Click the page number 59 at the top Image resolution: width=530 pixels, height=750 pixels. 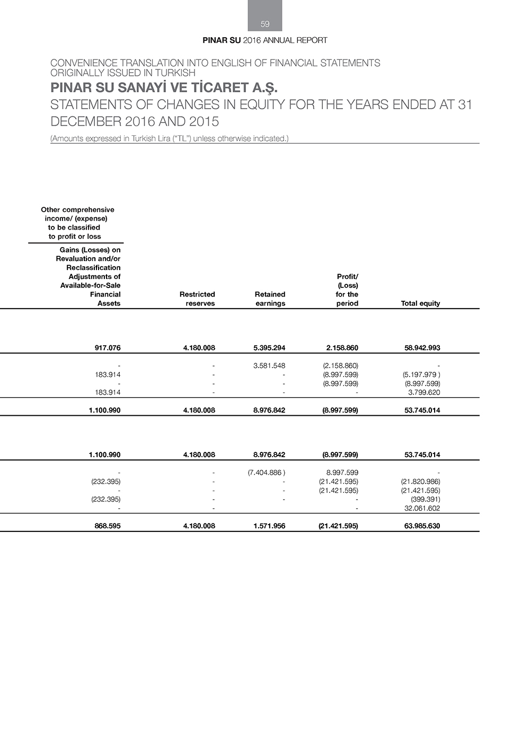(265, 24)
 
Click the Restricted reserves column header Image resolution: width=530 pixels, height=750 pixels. (197, 299)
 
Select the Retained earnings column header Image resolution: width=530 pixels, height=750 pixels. (270, 299)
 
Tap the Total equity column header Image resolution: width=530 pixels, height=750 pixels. (420, 303)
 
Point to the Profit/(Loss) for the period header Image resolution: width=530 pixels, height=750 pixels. (347, 290)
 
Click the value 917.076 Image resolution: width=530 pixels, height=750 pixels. (108, 348)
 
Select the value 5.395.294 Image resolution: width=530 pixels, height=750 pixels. (269, 348)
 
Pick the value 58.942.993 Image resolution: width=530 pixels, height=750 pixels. (422, 348)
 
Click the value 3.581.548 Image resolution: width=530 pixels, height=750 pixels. (269, 365)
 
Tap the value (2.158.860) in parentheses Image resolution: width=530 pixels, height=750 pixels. (340, 365)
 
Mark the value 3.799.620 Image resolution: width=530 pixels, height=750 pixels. (424, 393)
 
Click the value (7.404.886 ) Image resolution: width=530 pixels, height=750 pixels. (267, 473)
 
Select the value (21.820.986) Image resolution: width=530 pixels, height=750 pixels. (421, 482)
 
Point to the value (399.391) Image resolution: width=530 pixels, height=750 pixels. (426, 499)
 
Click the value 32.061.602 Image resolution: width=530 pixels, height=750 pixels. (422, 508)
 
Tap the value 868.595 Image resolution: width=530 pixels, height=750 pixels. (108, 526)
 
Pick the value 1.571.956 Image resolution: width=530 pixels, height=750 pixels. (269, 526)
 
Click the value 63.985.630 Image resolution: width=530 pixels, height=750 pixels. (422, 526)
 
